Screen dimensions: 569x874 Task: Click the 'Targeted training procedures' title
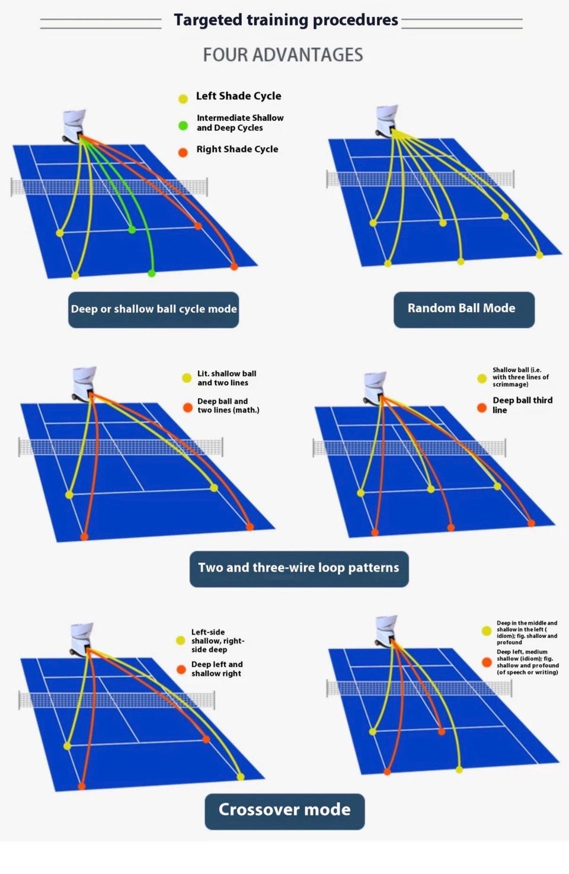pos(286,20)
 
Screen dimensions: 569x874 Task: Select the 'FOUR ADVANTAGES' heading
pos(283,55)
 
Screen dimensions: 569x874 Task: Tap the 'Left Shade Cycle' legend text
pos(238,96)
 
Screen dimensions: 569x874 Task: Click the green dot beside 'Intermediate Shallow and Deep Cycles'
pos(183,126)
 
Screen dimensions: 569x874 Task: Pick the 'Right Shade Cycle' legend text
pos(237,149)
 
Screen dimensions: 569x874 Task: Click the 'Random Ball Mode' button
pos(464,310)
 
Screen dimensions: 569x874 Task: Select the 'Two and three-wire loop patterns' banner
pos(299,569)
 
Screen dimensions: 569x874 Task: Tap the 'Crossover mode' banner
pos(284,811)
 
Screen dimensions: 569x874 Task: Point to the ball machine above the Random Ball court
pos(386,121)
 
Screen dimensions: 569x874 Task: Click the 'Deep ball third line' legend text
pos(523,405)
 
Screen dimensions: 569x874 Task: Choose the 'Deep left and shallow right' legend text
pos(217,669)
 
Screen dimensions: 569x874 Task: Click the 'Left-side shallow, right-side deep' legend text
pos(218,641)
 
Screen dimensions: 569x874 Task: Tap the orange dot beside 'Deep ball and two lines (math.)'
pos(188,408)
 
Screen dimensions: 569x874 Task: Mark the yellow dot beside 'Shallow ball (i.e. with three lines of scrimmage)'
pos(482,379)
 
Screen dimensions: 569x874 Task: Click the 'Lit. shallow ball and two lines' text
pos(227,378)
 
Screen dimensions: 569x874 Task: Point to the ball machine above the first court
pos(74,126)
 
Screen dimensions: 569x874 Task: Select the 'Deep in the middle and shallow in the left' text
pos(527,632)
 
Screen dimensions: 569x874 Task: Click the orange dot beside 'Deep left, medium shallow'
pos(487,662)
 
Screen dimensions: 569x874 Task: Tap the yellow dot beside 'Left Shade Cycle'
pos(183,99)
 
